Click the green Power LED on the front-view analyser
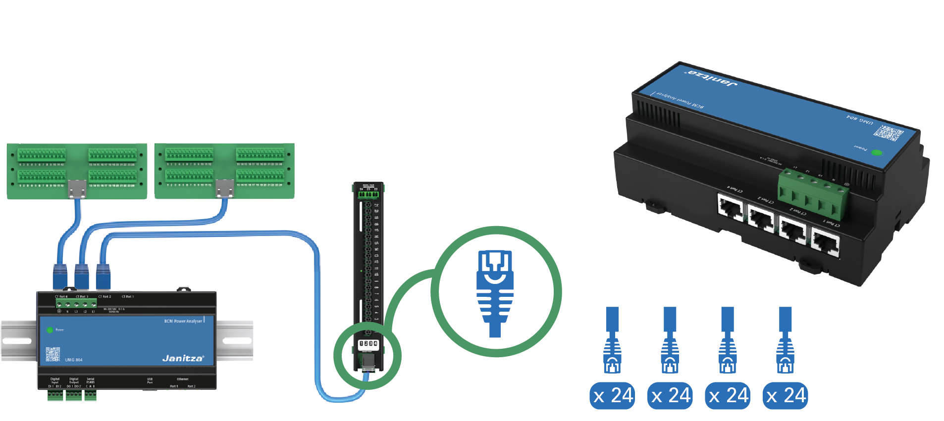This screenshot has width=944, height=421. (50, 329)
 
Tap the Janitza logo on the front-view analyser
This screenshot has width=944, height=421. (182, 358)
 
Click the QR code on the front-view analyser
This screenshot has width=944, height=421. (52, 354)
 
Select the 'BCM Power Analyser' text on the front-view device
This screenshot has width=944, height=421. (183, 321)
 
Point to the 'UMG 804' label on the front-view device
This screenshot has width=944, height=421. (74, 360)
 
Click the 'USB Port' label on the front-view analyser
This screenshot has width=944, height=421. (150, 380)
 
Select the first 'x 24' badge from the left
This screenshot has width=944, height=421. (613, 396)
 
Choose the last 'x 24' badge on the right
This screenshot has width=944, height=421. (786, 396)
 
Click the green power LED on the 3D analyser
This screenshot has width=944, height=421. (876, 153)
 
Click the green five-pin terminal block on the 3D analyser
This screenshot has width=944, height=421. (812, 193)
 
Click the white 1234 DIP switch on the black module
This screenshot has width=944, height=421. (368, 343)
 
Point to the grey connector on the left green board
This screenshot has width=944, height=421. (77, 188)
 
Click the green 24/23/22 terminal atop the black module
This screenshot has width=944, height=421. (368, 194)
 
